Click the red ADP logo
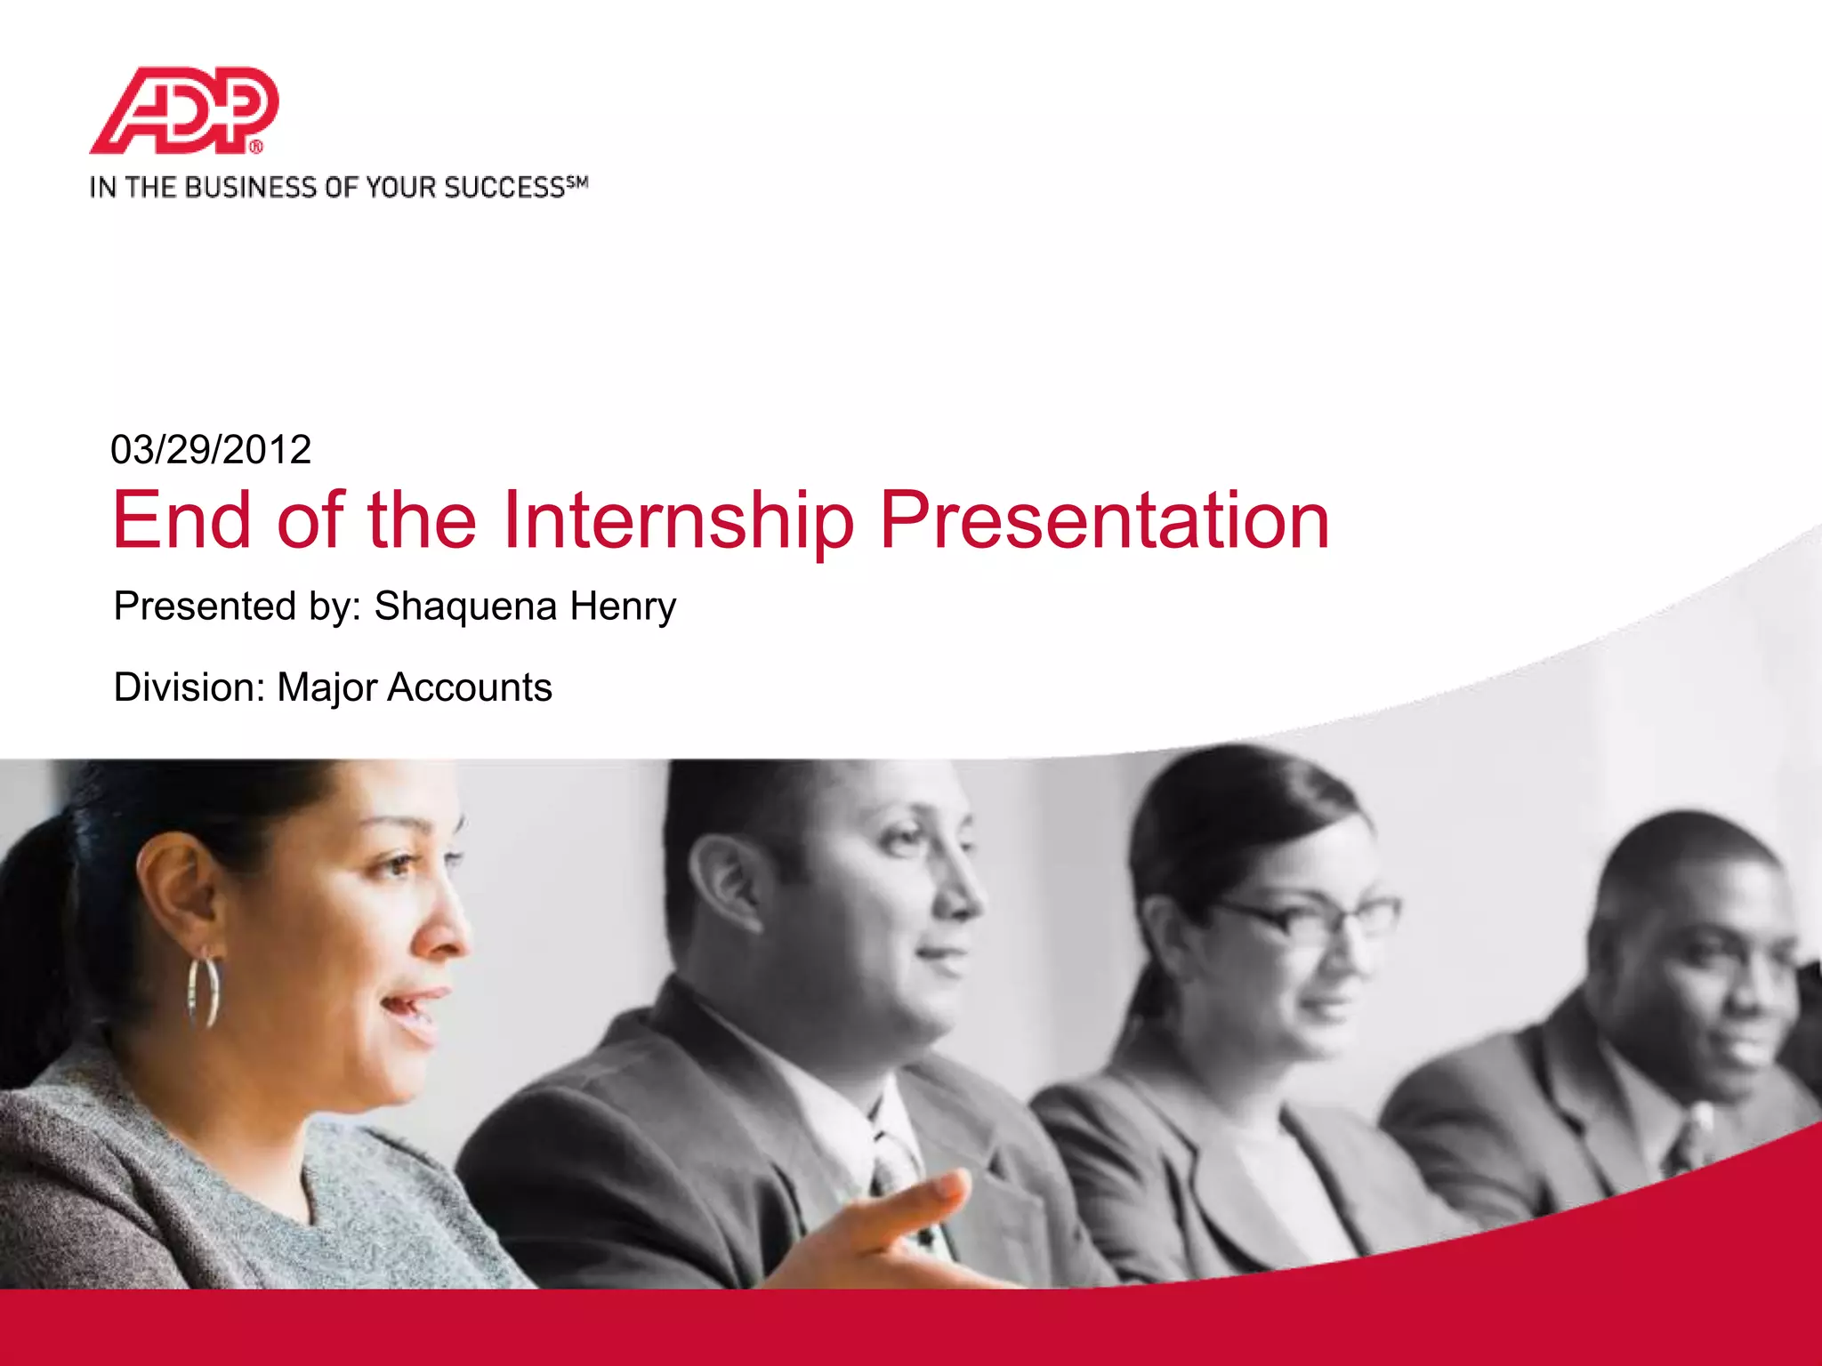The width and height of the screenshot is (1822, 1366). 184,110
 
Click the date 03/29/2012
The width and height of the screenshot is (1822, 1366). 211,450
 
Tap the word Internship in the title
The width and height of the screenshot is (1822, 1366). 678,521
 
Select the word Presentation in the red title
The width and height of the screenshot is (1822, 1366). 1104,521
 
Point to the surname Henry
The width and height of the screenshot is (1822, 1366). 623,607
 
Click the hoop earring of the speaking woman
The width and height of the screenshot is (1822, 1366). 204,991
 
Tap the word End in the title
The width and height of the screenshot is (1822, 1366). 182,521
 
